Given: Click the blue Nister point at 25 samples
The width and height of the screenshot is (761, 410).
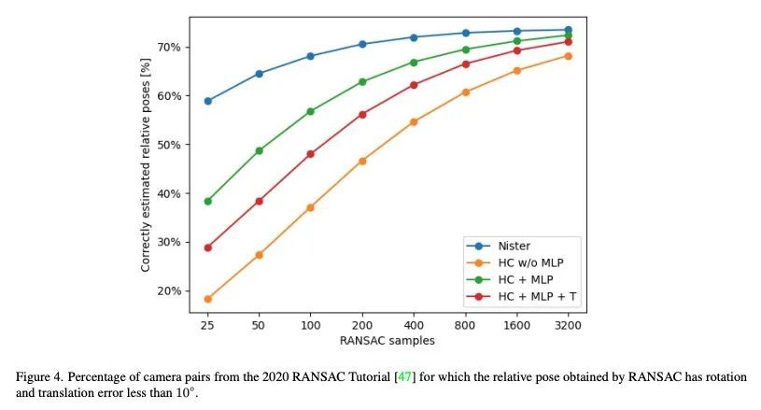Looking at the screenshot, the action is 207,101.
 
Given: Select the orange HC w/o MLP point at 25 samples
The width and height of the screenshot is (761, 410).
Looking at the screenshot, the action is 207,299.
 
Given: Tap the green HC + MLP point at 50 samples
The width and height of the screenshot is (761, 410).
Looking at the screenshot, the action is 260,151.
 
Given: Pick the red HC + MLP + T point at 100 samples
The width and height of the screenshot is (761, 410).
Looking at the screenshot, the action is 311,154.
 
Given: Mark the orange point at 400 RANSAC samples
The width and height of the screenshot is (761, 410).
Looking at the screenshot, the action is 414,121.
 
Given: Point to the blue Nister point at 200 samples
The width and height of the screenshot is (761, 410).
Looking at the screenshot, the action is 362,44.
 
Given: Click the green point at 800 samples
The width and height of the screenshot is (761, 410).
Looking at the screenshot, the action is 465,49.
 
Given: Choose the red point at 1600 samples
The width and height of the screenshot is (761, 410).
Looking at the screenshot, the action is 517,50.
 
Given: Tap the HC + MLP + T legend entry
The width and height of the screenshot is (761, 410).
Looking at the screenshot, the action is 521,296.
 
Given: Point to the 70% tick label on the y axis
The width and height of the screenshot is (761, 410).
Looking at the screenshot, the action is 169,47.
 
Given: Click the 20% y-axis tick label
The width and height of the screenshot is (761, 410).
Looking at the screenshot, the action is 169,291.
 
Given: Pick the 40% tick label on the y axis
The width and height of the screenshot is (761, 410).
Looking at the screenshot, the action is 169,193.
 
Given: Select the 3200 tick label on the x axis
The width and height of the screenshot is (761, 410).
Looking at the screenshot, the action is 568,325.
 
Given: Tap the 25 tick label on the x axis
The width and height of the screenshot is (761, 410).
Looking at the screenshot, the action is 207,325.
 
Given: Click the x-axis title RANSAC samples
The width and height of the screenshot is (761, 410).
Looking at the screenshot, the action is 388,341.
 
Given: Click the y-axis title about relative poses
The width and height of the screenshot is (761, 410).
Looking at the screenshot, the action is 145,165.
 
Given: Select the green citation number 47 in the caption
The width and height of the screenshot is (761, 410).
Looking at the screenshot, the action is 404,377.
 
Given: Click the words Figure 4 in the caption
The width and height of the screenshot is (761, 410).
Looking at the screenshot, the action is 39,377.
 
